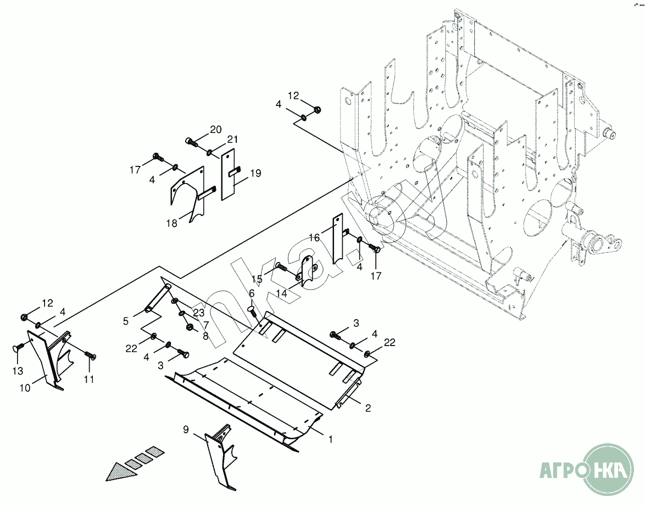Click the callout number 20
click(x=215, y=130)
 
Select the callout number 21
click(x=232, y=140)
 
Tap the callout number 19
click(x=255, y=174)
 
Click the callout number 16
click(x=314, y=237)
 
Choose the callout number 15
click(x=257, y=279)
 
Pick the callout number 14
click(x=282, y=294)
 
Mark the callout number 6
click(x=252, y=293)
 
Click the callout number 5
click(x=126, y=320)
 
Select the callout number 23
click(x=198, y=313)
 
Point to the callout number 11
click(x=89, y=379)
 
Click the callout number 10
click(x=25, y=388)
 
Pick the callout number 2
click(x=368, y=408)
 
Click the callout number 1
click(x=330, y=439)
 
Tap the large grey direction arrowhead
click(x=116, y=472)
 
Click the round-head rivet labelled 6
click(x=252, y=310)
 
